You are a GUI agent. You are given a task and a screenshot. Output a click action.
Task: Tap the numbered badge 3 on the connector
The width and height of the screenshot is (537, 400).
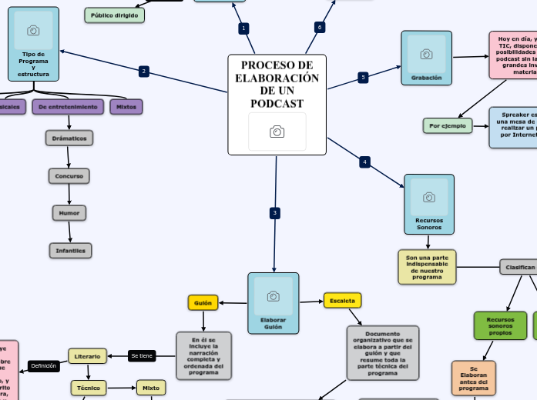click(274, 213)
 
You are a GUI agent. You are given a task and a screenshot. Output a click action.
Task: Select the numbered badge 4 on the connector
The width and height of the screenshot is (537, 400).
click(364, 162)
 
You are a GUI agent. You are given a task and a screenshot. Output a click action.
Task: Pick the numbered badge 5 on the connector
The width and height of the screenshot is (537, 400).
click(363, 77)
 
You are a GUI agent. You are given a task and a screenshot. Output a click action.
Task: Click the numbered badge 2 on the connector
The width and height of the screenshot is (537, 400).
click(143, 72)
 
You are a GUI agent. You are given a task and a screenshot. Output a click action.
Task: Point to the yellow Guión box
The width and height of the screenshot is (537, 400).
click(203, 302)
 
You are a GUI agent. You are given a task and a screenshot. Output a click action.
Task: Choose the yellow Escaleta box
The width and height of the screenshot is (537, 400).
click(342, 300)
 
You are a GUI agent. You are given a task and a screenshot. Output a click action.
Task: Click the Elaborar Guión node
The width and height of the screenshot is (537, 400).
click(273, 303)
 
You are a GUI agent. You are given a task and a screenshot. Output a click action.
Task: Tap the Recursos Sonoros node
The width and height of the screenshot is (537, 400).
click(428, 203)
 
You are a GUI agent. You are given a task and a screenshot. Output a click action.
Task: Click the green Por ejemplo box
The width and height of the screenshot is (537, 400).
click(448, 125)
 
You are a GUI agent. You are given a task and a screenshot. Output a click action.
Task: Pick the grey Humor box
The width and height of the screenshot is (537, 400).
click(69, 212)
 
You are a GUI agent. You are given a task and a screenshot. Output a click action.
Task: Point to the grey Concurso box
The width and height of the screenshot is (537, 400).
click(69, 176)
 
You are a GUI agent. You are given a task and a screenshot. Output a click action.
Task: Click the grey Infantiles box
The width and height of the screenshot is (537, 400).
click(70, 250)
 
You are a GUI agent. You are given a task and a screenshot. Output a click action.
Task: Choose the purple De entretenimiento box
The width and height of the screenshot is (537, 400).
click(68, 107)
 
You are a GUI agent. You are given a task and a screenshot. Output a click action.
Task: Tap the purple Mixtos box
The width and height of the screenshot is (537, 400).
click(126, 107)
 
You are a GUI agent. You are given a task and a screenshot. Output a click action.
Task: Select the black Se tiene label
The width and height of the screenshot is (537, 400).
click(142, 355)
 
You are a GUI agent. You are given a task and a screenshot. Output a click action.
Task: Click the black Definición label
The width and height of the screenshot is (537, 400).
click(44, 365)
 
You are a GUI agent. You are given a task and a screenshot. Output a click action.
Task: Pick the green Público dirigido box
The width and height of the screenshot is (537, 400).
click(114, 15)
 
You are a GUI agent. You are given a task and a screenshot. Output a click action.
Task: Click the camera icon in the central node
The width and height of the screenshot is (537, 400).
click(277, 132)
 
